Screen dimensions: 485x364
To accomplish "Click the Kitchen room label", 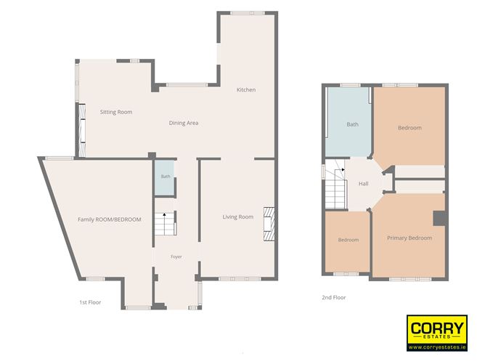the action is click(x=246, y=90).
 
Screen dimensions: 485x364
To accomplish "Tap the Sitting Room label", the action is click(x=116, y=112).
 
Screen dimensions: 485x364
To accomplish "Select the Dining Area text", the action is click(x=184, y=123).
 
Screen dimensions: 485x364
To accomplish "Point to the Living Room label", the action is click(x=238, y=217).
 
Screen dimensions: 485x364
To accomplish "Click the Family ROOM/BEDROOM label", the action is click(x=110, y=219).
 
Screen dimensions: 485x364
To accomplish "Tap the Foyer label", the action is click(x=176, y=257).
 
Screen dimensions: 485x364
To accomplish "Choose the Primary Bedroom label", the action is click(x=409, y=238).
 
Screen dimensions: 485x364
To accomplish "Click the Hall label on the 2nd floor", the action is click(x=364, y=184).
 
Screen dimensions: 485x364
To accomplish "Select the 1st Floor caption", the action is click(x=90, y=302).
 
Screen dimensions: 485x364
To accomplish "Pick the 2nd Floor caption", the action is click(x=334, y=297).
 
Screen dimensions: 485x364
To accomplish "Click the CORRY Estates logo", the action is click(x=437, y=333).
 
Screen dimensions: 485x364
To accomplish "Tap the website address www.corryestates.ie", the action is click(x=437, y=347).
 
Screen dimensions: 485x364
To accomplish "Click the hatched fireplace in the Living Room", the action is click(x=269, y=224).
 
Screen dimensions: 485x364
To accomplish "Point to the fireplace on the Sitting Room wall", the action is click(x=82, y=131).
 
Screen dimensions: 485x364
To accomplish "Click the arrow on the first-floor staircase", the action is click(x=165, y=214).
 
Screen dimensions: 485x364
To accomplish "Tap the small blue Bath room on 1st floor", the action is click(x=165, y=178).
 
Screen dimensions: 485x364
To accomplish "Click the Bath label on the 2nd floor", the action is click(x=353, y=124).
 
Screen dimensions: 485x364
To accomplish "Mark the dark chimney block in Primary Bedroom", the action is click(x=439, y=219).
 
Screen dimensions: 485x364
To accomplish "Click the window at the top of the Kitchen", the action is click(x=248, y=13).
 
